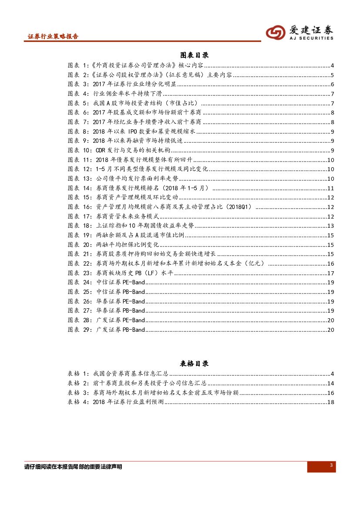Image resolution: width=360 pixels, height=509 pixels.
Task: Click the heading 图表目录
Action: [194, 55]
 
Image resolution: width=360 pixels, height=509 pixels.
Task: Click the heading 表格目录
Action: [194, 363]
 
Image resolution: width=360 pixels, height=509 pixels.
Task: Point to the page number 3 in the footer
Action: [331, 466]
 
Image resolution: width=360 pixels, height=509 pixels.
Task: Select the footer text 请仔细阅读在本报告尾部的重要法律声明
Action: [73, 467]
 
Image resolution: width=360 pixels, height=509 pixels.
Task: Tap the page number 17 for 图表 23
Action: [330, 273]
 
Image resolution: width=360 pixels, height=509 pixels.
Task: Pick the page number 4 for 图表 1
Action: [332, 66]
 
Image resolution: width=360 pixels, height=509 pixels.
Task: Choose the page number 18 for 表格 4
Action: [330, 402]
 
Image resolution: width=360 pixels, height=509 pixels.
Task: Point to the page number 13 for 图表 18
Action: [330, 226]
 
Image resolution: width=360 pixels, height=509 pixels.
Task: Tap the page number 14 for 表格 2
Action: [330, 383]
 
